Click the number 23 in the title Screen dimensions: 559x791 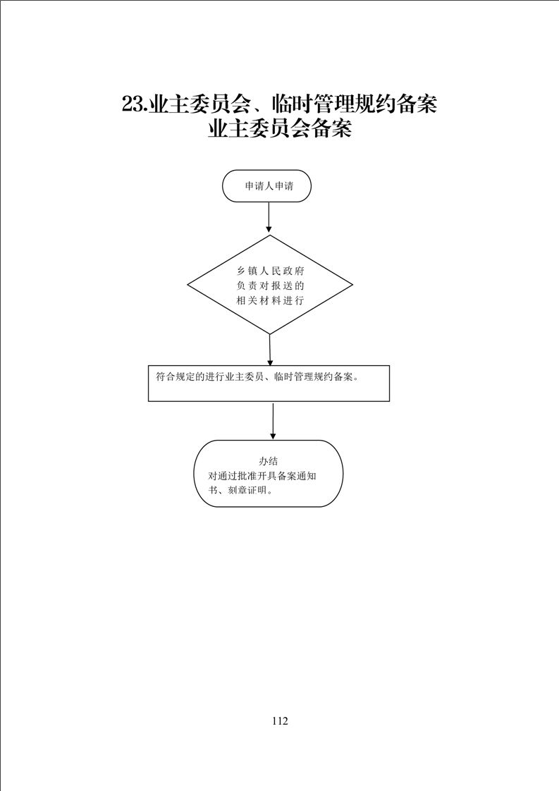[134, 104]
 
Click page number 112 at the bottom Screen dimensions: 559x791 [279, 721]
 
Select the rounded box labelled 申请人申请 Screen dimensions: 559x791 [267, 186]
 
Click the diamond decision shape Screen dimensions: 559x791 [270, 285]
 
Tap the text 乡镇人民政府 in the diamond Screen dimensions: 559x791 [271, 271]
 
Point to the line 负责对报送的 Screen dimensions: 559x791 [271, 286]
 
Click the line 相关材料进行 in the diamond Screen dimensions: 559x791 [271, 300]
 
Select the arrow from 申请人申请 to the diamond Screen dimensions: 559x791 [269, 219]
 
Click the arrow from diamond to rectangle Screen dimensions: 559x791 [270, 350]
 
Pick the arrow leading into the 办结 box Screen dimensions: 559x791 [273, 421]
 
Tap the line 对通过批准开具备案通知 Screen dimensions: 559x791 [262, 476]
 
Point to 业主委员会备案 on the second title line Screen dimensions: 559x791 [280, 128]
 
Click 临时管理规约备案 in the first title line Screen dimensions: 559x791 [354, 104]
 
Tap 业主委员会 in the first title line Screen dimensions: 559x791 [199, 104]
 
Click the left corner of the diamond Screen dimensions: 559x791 [188, 285]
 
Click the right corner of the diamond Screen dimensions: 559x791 [352, 285]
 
